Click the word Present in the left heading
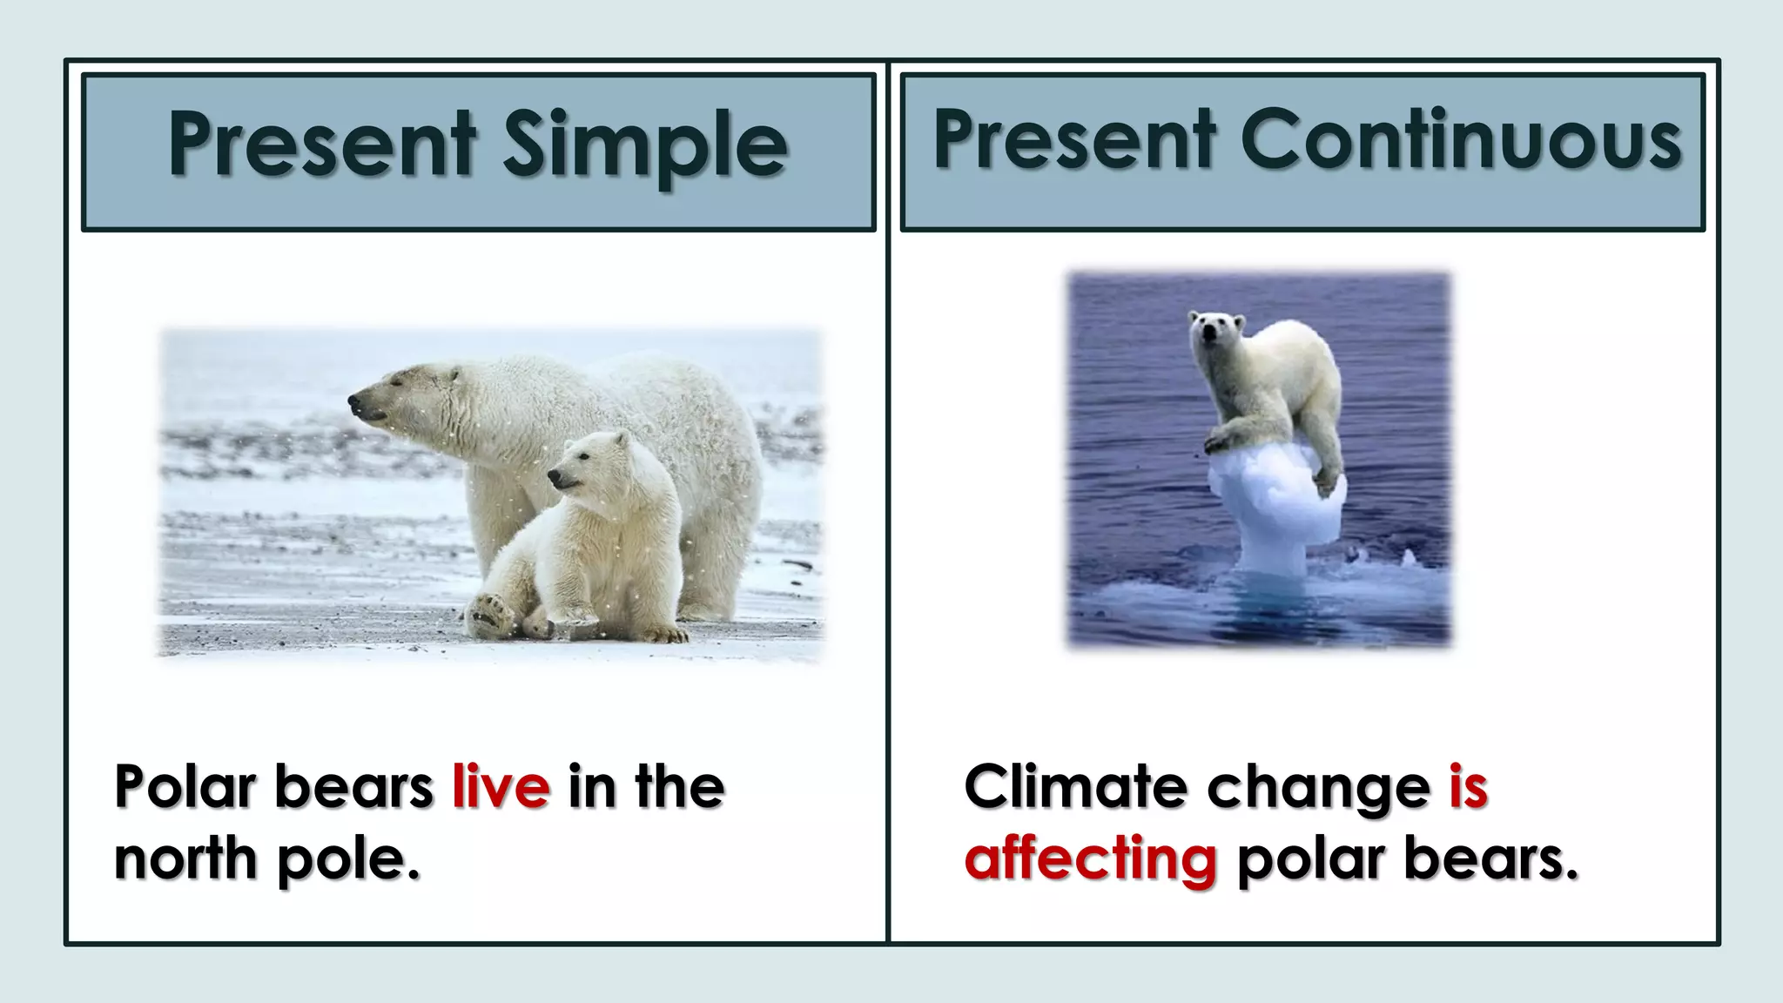point(321,144)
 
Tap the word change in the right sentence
point(1317,788)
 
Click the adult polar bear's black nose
point(354,401)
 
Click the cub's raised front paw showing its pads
point(489,614)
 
